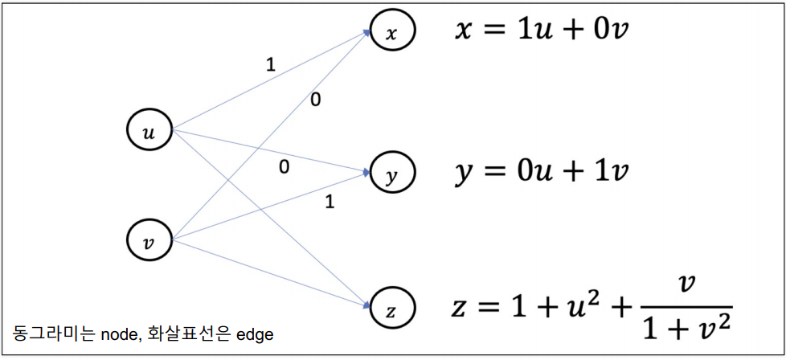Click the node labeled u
(x=149, y=132)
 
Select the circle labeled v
(x=149, y=239)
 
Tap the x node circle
(x=392, y=31)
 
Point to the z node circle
(x=392, y=307)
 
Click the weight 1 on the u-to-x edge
(x=270, y=65)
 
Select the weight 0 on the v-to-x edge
(x=315, y=100)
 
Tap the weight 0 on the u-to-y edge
(x=284, y=167)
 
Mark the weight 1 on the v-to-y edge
(x=329, y=202)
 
